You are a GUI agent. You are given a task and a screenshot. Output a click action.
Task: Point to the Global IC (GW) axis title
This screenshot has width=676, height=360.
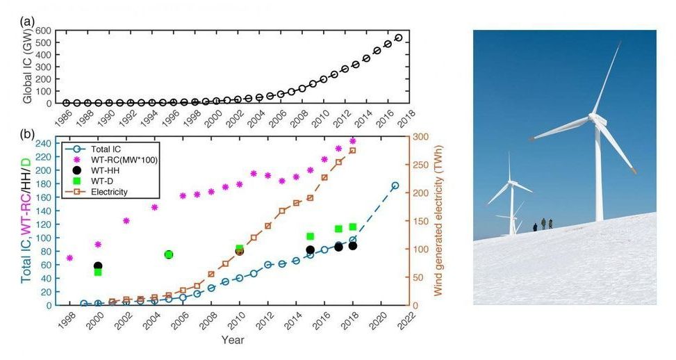coord(27,67)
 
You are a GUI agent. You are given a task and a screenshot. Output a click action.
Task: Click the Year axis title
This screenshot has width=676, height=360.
coord(233,341)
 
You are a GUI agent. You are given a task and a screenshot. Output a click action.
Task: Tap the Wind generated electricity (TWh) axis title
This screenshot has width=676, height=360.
coord(438,220)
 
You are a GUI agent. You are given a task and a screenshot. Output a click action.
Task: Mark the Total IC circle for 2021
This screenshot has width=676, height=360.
coord(395,186)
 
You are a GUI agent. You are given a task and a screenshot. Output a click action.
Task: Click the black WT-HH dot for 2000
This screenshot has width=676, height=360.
coord(98,266)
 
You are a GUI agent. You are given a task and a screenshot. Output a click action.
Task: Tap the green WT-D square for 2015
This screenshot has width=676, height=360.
coord(311,236)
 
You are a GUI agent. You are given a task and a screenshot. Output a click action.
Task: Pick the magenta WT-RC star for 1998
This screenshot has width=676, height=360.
coord(69,258)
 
